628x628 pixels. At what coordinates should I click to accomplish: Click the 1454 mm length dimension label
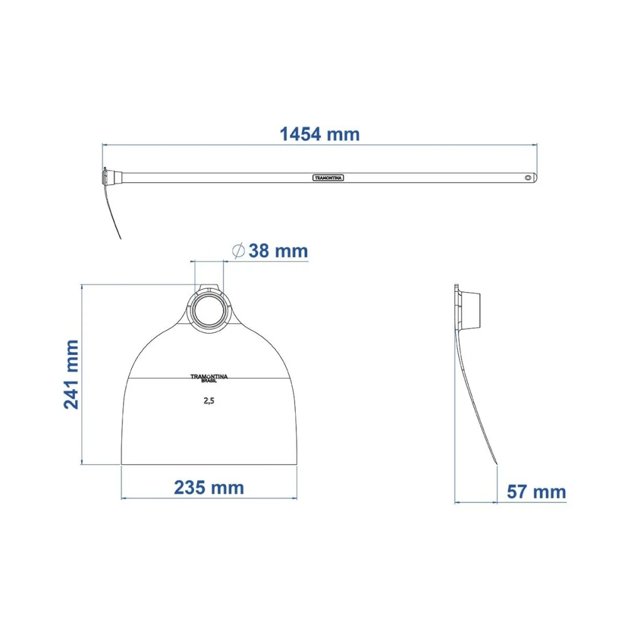320,134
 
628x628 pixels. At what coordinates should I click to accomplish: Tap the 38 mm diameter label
278,251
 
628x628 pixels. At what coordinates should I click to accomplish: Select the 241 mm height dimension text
72,374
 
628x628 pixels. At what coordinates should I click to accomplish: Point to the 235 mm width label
208,488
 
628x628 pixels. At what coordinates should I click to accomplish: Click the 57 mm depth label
536,492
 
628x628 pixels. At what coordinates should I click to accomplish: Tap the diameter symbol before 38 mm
238,251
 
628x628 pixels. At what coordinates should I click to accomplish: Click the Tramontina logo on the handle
328,178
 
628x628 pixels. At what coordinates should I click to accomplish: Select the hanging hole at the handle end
528,178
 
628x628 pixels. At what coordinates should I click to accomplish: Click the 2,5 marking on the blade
208,401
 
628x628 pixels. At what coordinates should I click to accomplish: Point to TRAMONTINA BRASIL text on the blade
208,379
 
